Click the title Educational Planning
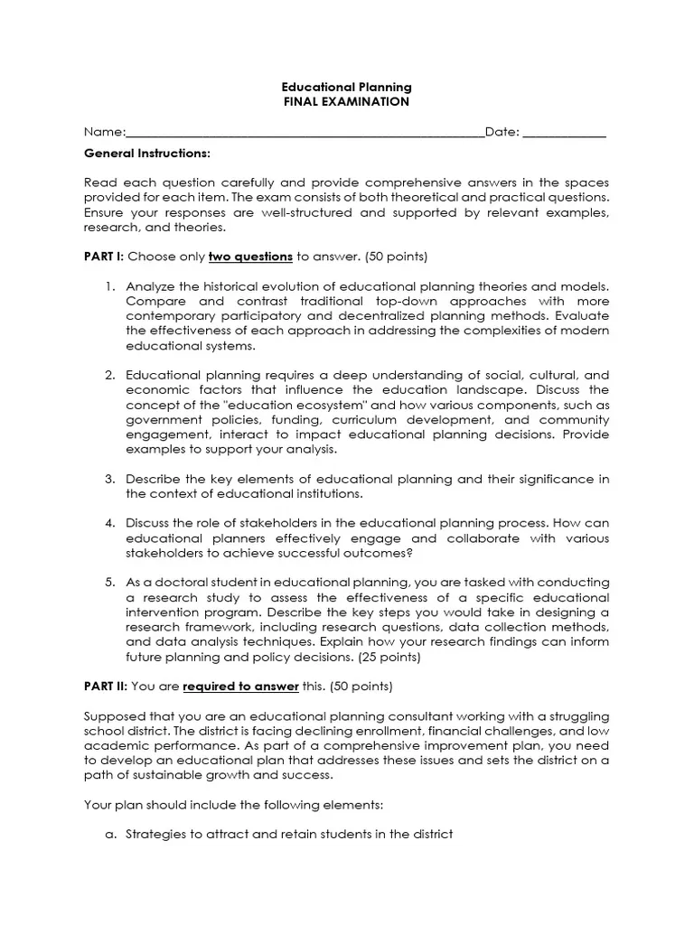click(x=346, y=87)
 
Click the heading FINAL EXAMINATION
click(x=346, y=101)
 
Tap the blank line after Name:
click(x=305, y=133)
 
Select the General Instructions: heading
click(x=146, y=153)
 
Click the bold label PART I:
click(x=104, y=256)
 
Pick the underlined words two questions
click(x=250, y=256)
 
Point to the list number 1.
click(x=108, y=285)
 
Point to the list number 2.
click(x=108, y=375)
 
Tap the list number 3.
click(x=108, y=479)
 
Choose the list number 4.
click(x=108, y=523)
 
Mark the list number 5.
click(x=108, y=583)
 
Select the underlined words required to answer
click(x=240, y=686)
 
